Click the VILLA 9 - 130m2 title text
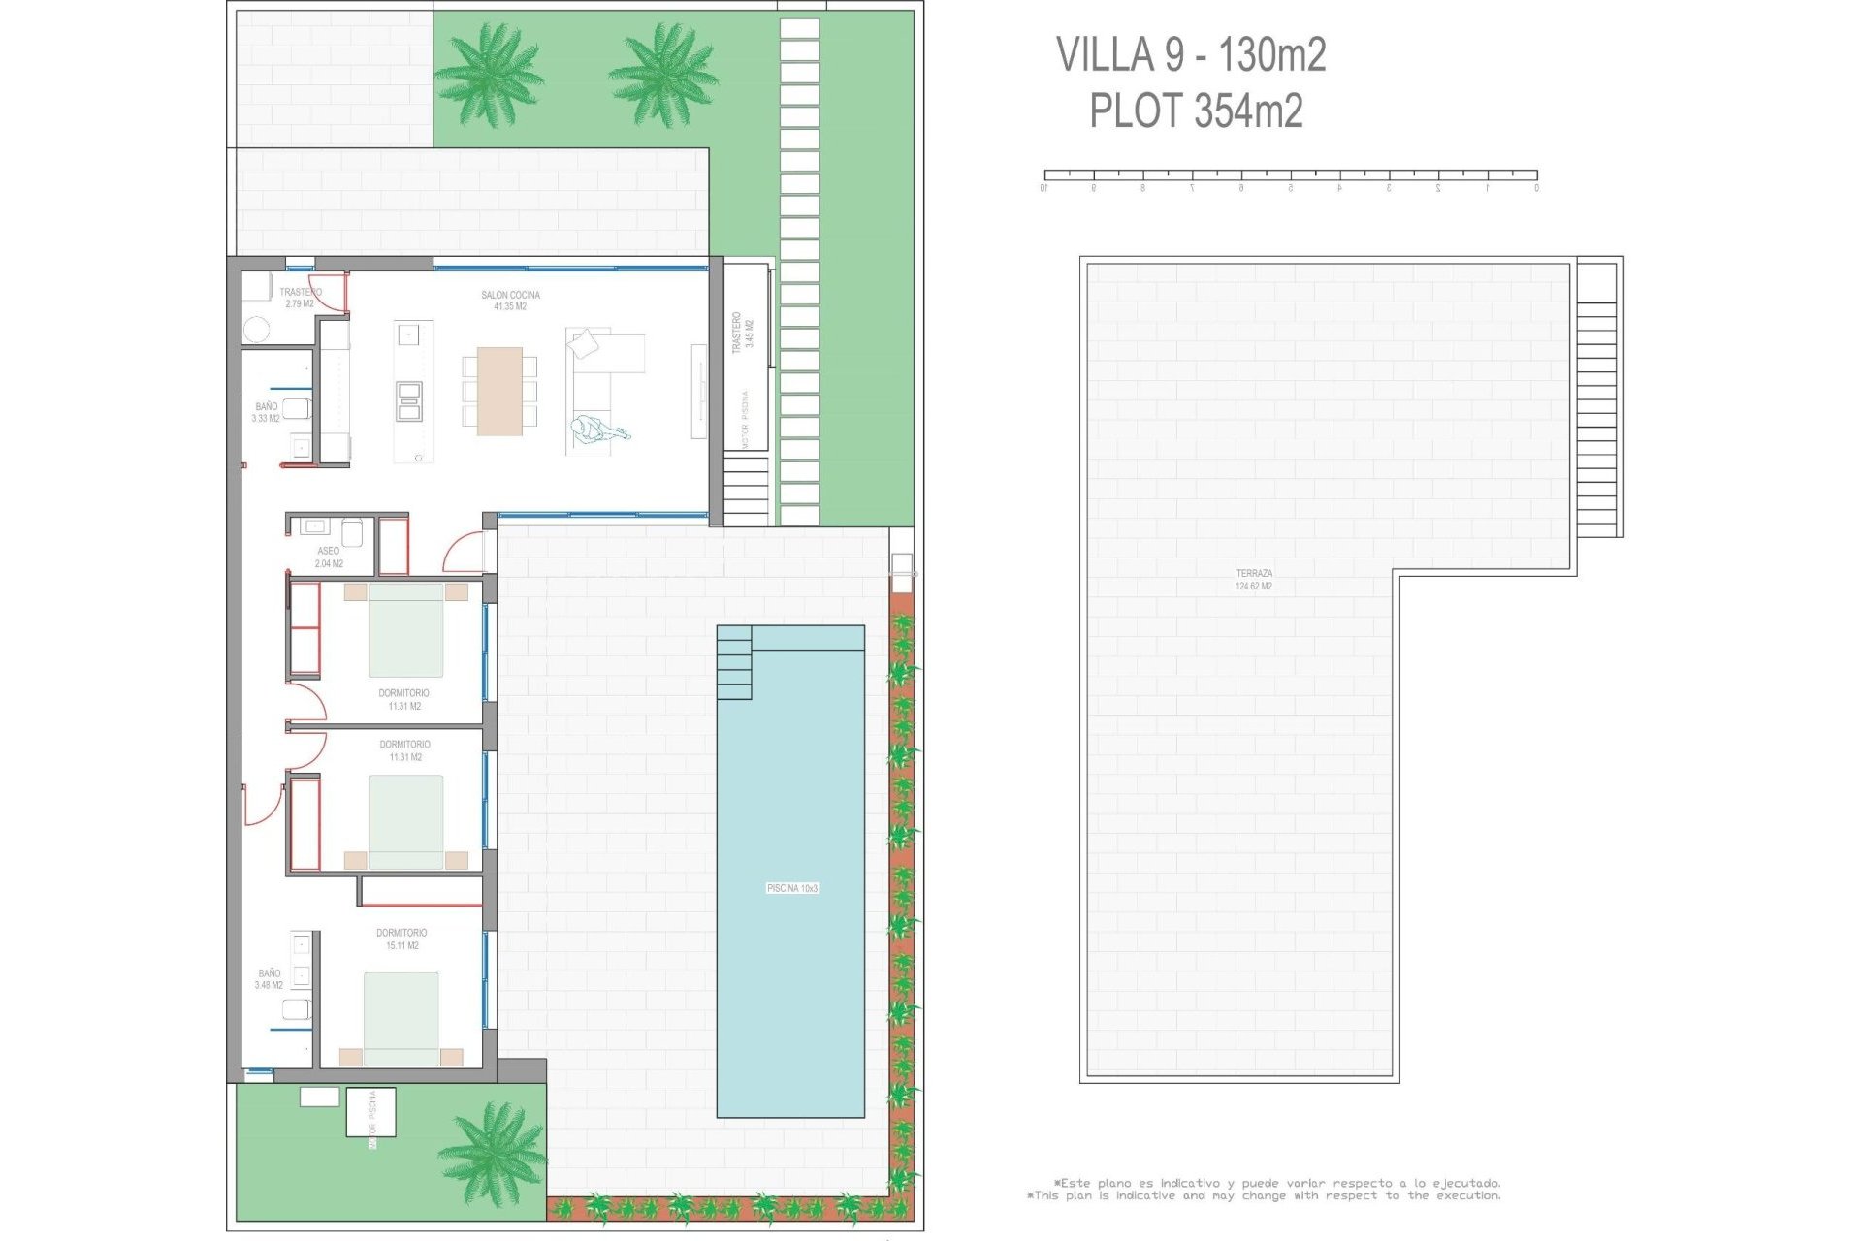(x=1190, y=54)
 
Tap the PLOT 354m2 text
(x=1195, y=111)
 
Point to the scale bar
(x=1290, y=176)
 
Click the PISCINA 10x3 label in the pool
(x=791, y=888)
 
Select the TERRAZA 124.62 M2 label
(x=1253, y=580)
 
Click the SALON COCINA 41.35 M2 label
(x=510, y=301)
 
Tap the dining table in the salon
(x=499, y=391)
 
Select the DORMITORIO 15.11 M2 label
(x=401, y=939)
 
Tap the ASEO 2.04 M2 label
(x=329, y=557)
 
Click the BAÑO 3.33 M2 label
(x=266, y=412)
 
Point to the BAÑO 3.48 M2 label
(x=269, y=978)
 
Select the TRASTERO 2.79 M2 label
(x=300, y=298)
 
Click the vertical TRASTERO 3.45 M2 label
(x=742, y=333)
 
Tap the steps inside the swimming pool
(x=733, y=663)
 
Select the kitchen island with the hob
(x=412, y=392)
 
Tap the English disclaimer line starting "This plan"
(x=1266, y=1195)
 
